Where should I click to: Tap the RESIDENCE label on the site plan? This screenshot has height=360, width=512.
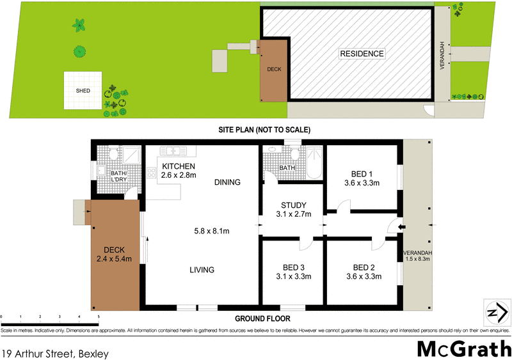tap(362, 54)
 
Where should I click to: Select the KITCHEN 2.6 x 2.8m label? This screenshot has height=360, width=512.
tap(178, 170)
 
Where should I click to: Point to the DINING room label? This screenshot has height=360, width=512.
tap(227, 182)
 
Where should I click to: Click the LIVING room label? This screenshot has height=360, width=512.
tap(202, 270)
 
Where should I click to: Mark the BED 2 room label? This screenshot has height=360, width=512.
tap(363, 272)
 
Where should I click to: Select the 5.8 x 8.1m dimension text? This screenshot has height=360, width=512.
tap(212, 230)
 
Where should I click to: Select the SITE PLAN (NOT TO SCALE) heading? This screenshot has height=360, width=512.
tap(264, 130)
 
